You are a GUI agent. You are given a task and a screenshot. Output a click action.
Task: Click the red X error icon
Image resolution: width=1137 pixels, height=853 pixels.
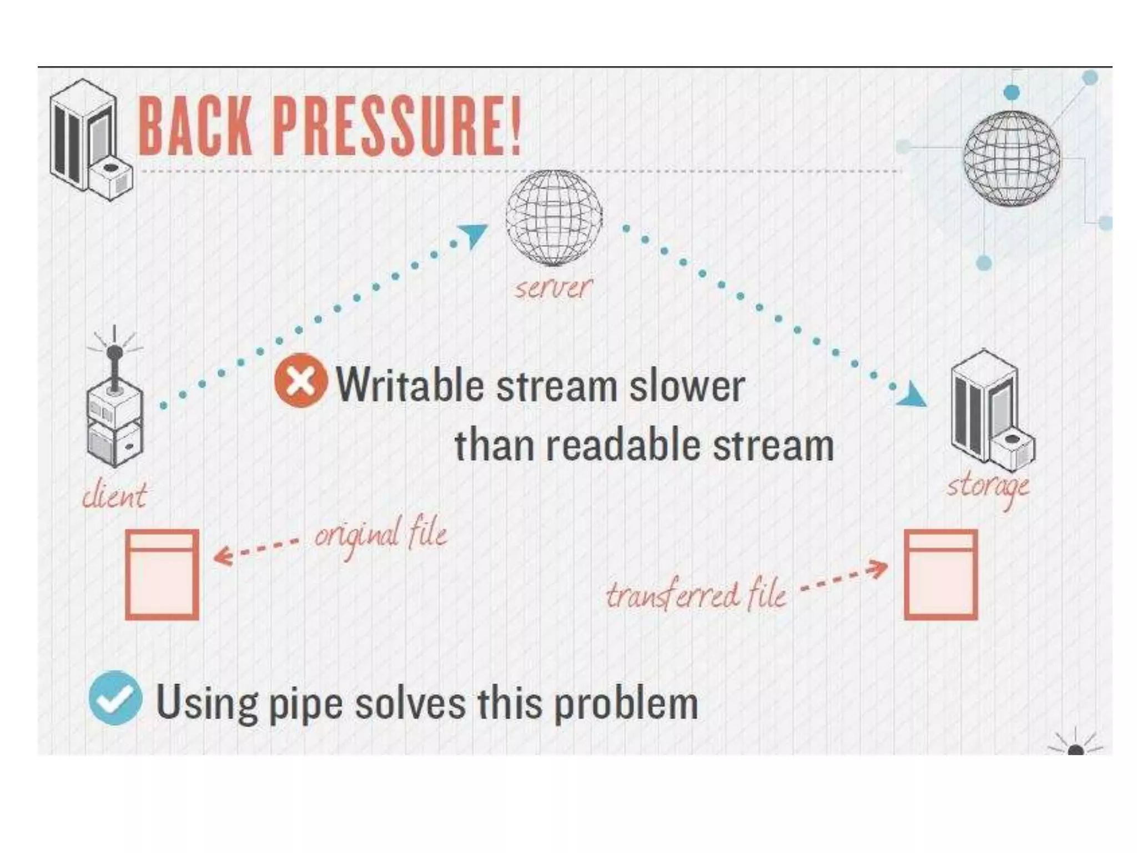pos(301,380)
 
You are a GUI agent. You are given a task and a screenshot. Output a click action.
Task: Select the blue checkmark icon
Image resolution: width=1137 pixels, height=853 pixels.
pos(115,698)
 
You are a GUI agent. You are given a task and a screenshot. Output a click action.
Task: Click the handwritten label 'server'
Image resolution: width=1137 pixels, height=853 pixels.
pos(553,288)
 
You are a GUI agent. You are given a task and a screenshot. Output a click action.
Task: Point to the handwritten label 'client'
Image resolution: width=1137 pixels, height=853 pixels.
pos(114,495)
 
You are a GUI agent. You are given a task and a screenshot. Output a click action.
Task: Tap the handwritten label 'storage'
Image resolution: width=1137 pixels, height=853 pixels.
pos(988,487)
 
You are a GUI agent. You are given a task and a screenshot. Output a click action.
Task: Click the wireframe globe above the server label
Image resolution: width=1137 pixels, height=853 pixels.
pos(554,217)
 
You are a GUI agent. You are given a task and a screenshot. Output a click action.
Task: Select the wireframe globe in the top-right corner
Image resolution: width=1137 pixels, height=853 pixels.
pos(1011,158)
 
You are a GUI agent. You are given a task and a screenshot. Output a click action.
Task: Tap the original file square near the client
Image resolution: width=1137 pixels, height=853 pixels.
pos(162,574)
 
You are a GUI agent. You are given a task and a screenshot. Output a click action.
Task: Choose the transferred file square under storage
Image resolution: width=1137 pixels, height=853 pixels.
pos(941,574)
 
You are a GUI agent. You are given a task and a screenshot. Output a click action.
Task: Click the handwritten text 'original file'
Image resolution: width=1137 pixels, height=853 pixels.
pos(381,534)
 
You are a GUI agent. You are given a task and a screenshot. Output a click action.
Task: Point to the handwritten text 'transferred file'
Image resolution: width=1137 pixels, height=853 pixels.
pos(696,595)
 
